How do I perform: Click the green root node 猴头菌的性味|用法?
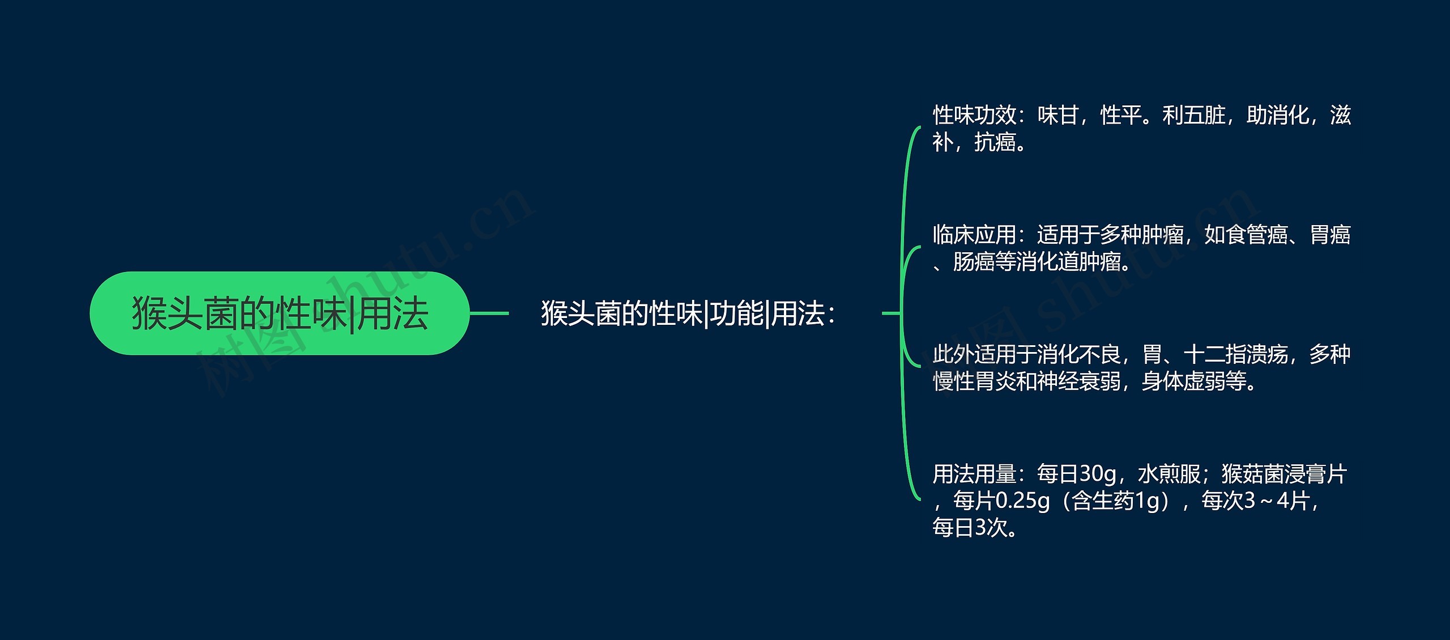click(280, 313)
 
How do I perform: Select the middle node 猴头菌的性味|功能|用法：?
click(688, 313)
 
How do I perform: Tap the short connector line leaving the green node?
click(489, 313)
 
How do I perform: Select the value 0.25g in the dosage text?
click(1022, 501)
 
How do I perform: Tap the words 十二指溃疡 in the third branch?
click(1236, 355)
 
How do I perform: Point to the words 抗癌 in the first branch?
click(995, 143)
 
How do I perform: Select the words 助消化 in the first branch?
click(1278, 116)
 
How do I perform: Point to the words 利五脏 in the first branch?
click(1194, 116)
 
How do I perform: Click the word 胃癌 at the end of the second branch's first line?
click(1330, 235)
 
